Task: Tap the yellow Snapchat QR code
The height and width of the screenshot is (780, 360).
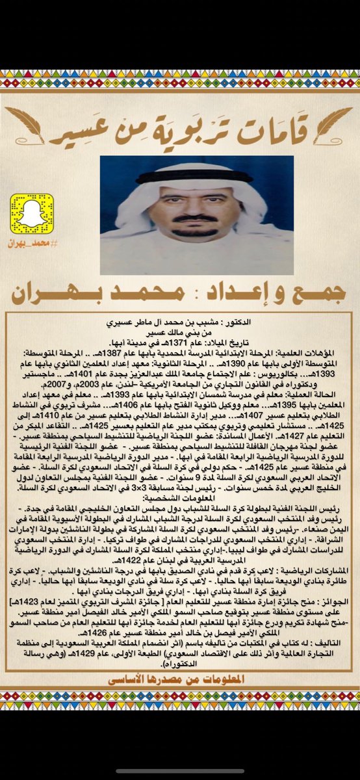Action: (31, 213)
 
